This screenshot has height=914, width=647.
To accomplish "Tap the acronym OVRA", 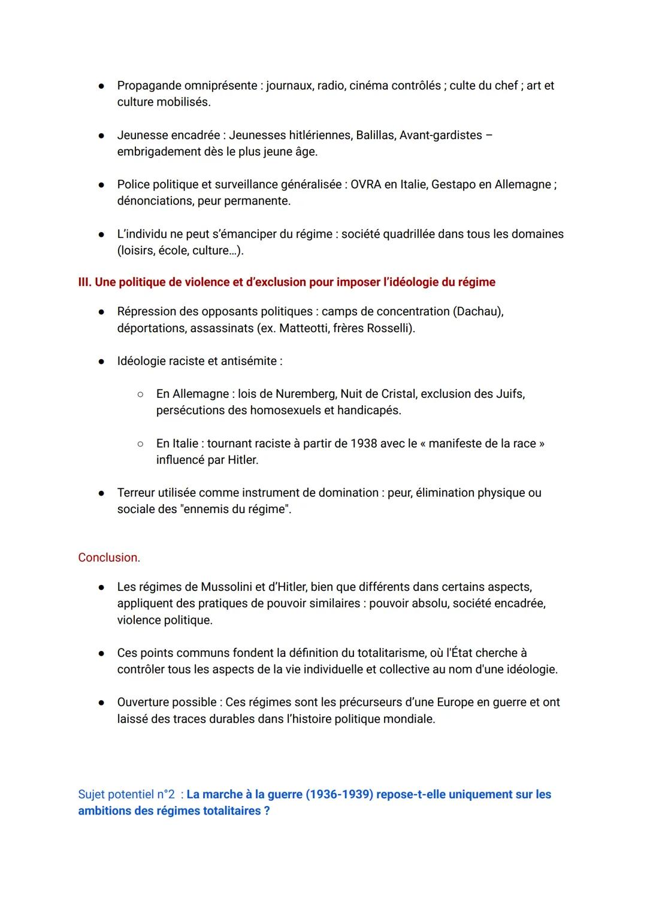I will (x=365, y=185).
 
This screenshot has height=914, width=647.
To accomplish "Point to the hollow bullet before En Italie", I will (x=140, y=444).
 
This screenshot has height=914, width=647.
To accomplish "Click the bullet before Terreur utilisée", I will (x=102, y=493).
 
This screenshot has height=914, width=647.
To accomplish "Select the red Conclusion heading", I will (x=109, y=558).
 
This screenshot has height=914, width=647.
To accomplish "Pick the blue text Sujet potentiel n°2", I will (x=126, y=795).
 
